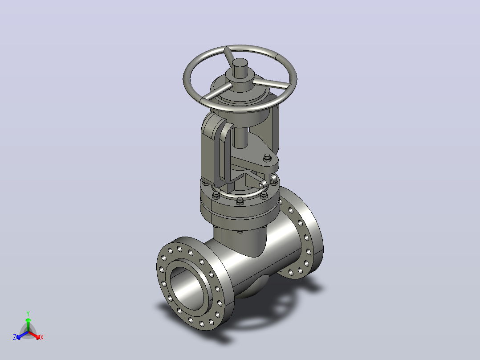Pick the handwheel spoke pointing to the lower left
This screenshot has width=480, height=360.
click(x=216, y=91)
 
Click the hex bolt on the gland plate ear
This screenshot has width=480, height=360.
click(x=267, y=158)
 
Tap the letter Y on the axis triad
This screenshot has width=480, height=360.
click(x=28, y=313)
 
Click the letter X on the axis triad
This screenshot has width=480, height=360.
click(x=42, y=337)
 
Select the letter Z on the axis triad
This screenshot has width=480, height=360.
click(x=15, y=337)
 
